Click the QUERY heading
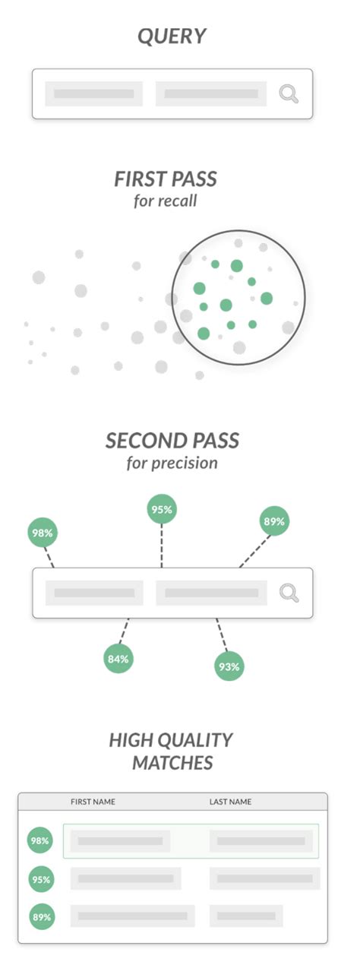click(x=172, y=36)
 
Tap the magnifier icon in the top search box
click(x=289, y=93)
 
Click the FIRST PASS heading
click(x=166, y=179)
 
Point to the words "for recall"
click(x=165, y=201)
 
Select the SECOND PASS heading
click(x=172, y=441)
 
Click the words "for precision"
click(x=172, y=463)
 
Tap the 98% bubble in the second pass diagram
click(x=43, y=533)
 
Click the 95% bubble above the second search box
click(x=162, y=510)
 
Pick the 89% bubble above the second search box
click(x=274, y=521)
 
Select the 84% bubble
click(x=118, y=659)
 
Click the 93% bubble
click(x=229, y=666)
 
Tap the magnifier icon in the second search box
click(x=289, y=593)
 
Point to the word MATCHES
click(x=172, y=763)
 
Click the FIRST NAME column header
click(x=93, y=802)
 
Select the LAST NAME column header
click(x=230, y=802)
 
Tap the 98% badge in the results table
click(x=40, y=840)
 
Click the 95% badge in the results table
click(x=42, y=879)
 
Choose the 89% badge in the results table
click(x=42, y=917)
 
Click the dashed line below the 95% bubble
click(x=162, y=546)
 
